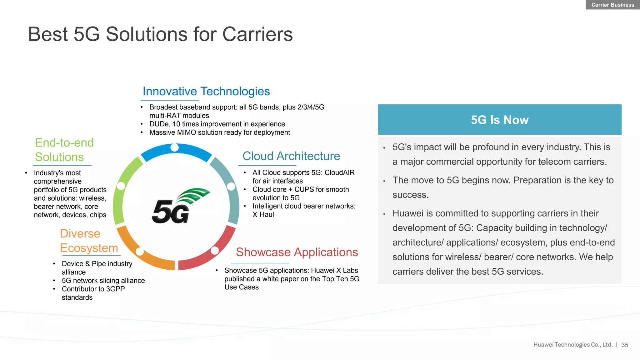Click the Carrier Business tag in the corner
pos(612,5)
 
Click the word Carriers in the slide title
pos(257,34)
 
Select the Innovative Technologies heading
pos(206,91)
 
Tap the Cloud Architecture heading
pos(291,156)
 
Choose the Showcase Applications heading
pos(297,252)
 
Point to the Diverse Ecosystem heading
pos(89,241)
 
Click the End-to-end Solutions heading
pos(64,150)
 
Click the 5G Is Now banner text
pos(499,120)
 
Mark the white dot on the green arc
pos(121,186)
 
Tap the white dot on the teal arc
pos(231,187)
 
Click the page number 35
pos(625,345)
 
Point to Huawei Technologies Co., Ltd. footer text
pos(573,345)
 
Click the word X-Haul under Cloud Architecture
pos(263,215)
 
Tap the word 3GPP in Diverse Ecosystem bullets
pos(115,289)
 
